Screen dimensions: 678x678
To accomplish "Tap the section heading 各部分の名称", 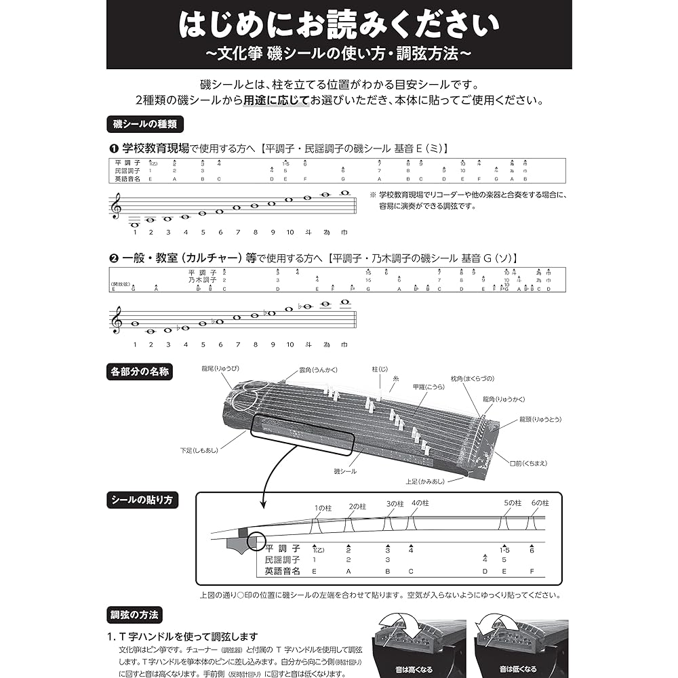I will coord(140,372).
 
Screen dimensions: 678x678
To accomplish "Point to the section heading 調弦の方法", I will coord(136,616).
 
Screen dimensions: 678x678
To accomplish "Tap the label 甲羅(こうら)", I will coord(429,386).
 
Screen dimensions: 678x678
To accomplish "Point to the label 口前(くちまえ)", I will coord(528,463).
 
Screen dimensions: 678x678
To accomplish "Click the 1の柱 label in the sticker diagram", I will coord(321,507).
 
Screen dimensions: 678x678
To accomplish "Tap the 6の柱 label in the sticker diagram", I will coord(540,502).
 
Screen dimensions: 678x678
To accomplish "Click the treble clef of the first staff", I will coord(116,206).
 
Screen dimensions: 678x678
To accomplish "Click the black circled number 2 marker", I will coord(114,258).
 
